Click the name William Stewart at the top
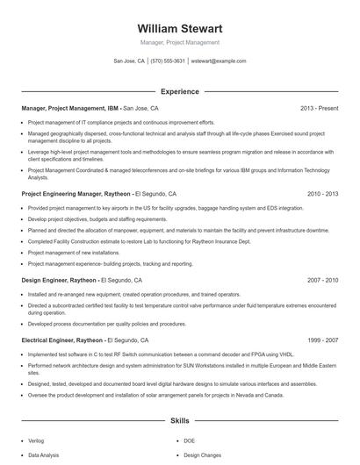tap(180, 29)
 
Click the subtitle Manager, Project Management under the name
tap(180, 43)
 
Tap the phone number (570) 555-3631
tap(168, 61)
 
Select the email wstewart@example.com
tap(219, 61)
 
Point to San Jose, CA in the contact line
tap(128, 61)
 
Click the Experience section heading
tap(180, 91)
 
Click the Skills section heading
tap(180, 420)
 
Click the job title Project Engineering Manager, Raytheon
tap(76, 193)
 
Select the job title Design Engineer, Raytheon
tap(59, 279)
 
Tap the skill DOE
tap(190, 440)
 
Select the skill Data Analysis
tap(44, 455)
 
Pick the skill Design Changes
tap(203, 455)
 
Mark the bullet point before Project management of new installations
tap(23, 251)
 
